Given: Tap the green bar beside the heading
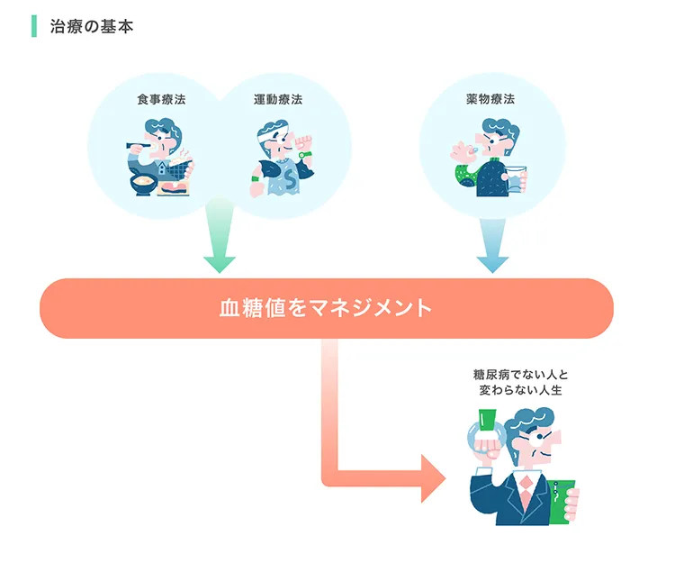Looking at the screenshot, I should [34, 26].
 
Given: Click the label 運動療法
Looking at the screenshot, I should [277, 100].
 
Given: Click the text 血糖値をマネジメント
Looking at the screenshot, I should [326, 308].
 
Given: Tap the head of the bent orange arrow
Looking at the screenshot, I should [432, 477].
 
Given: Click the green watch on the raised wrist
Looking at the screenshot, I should [306, 154].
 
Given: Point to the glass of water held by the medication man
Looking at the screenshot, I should [515, 181].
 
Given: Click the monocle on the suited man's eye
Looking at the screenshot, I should [540, 440].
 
